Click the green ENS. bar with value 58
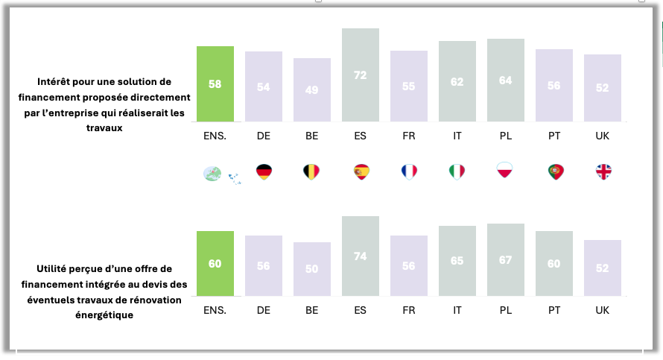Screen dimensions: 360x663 [215, 83]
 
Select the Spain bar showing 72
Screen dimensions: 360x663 [361, 75]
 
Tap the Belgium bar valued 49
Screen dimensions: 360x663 [312, 89]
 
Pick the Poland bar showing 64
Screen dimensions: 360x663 [506, 80]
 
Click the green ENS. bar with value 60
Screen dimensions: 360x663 [215, 263]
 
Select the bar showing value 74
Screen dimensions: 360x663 [361, 256]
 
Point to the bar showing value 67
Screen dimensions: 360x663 [506, 259]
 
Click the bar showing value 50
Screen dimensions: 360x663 [312, 268]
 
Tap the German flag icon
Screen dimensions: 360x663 [264, 172]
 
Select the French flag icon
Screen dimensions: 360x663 [409, 172]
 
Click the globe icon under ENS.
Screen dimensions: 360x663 [213, 174]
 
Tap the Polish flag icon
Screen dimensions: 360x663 [505, 171]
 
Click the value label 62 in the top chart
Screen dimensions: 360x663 [457, 82]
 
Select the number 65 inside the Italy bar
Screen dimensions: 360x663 [457, 261]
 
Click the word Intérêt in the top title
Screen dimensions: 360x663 [56, 80]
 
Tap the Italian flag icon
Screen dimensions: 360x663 [457, 172]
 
